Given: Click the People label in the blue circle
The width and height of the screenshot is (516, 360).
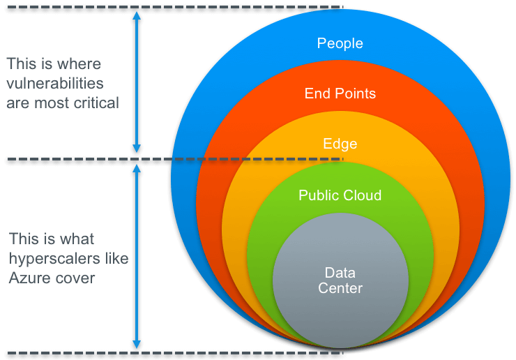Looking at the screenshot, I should [340, 43].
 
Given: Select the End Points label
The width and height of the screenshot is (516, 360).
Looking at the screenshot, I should [340, 93].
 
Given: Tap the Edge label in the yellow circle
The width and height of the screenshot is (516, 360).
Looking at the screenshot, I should [340, 144].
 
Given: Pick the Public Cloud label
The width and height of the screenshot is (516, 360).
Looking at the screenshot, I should [340, 195].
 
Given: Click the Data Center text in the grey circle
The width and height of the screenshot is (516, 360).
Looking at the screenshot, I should [340, 279].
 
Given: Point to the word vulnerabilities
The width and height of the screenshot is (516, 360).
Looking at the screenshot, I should [55, 83].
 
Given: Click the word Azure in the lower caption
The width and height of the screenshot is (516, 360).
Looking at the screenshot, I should [27, 278].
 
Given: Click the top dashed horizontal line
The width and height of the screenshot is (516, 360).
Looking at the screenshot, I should [174, 8].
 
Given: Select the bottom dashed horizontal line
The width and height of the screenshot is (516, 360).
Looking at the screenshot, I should [174, 352].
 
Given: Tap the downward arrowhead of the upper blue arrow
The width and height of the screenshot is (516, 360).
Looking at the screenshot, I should [137, 148].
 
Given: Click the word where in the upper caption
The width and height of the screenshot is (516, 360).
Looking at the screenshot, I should [82, 63].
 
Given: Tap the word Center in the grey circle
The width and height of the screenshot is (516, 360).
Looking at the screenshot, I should [340, 287].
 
